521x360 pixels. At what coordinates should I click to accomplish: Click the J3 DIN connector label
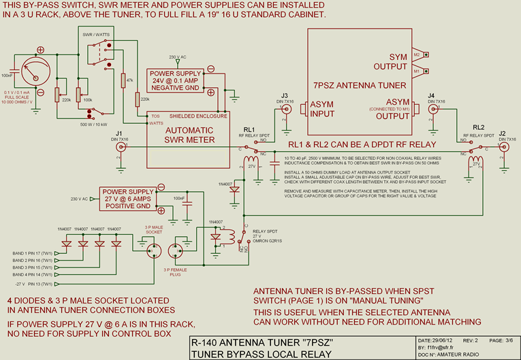(x=285, y=95)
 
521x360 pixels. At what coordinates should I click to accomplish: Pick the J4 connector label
(x=431, y=95)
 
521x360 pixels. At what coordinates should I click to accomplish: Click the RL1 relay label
(x=249, y=128)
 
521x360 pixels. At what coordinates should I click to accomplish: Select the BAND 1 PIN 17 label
(x=34, y=253)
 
